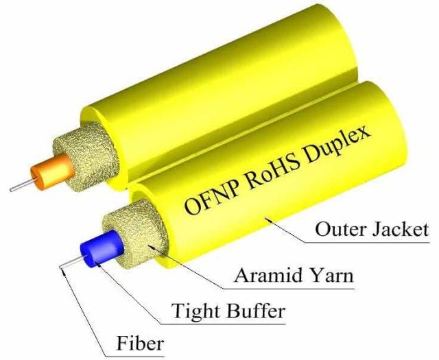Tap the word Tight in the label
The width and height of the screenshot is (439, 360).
(x=195, y=311)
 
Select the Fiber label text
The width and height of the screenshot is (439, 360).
(x=140, y=344)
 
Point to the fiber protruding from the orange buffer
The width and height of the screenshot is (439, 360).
(x=23, y=184)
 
